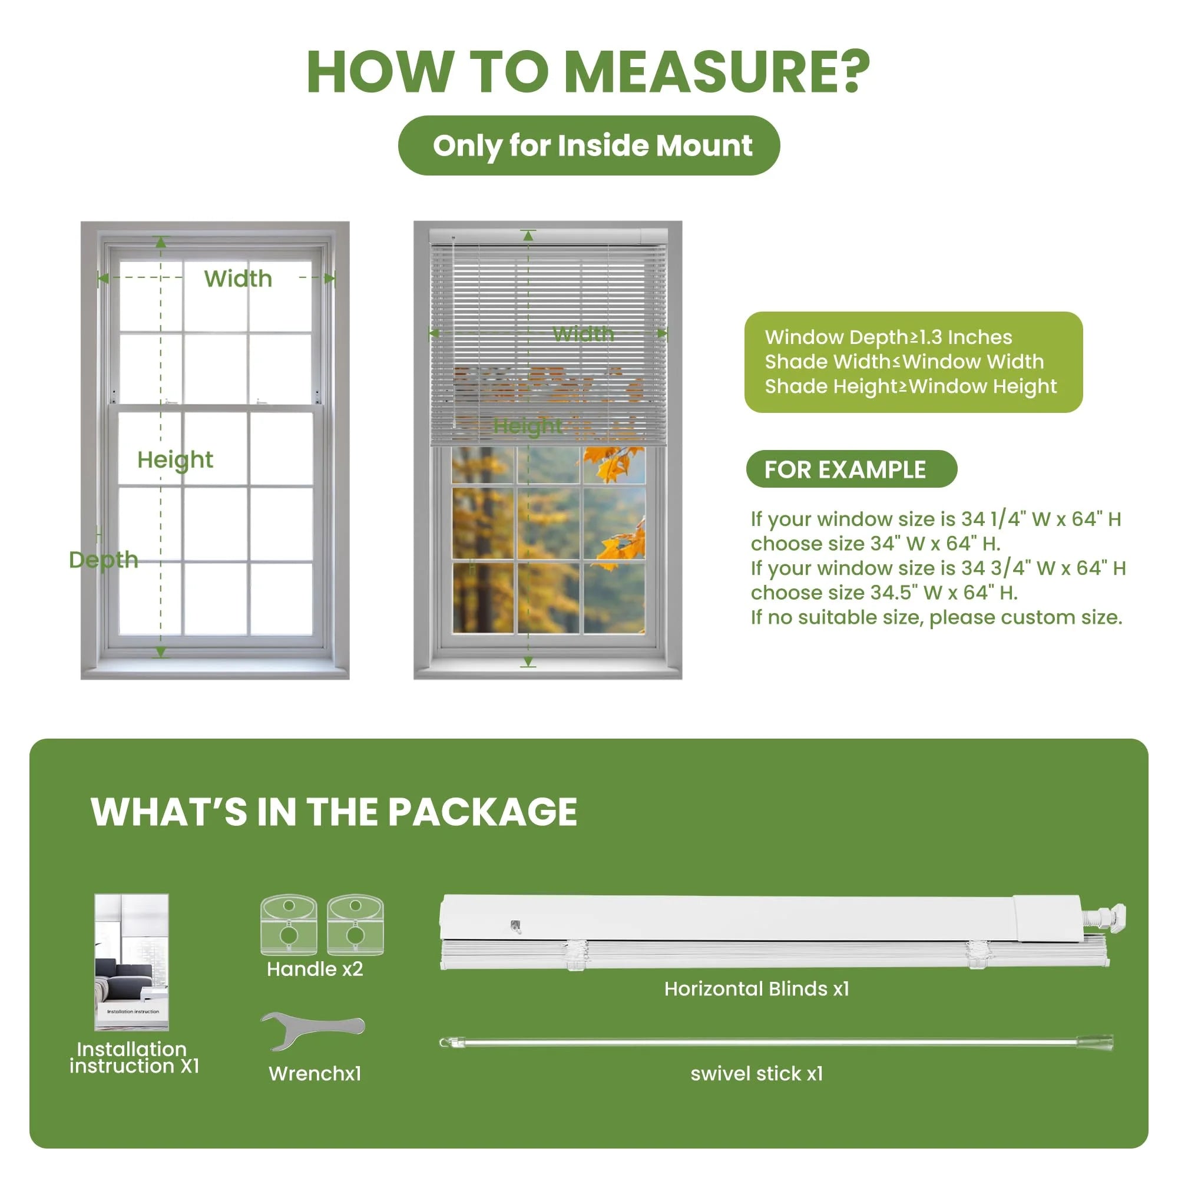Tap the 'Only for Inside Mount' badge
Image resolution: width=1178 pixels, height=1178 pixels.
click(589, 145)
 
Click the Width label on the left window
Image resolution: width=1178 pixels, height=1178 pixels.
click(238, 279)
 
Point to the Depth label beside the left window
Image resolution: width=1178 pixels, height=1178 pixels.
click(104, 560)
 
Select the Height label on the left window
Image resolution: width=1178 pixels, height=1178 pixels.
click(175, 460)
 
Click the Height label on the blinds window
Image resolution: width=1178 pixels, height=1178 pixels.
click(528, 426)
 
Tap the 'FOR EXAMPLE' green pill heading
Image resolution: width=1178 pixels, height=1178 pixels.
click(851, 469)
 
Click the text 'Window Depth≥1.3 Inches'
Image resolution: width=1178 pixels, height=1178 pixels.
click(888, 337)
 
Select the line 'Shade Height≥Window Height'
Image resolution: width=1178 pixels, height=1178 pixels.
click(911, 386)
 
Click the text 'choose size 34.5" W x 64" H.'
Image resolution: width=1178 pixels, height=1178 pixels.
click(884, 593)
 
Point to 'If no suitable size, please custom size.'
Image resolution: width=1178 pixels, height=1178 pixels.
click(936, 618)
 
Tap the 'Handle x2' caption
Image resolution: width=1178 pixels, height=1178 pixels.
click(315, 969)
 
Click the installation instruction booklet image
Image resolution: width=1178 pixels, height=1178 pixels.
click(132, 962)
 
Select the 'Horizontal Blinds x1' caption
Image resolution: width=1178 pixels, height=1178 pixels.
click(756, 988)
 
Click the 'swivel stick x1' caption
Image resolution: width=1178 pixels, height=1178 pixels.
click(756, 1073)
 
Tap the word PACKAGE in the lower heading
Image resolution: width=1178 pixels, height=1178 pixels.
click(482, 812)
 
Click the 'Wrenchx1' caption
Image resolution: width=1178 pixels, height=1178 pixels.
click(315, 1074)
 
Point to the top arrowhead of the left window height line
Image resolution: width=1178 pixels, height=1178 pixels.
click(161, 242)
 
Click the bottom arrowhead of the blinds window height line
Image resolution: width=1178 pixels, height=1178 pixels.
click(528, 661)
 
